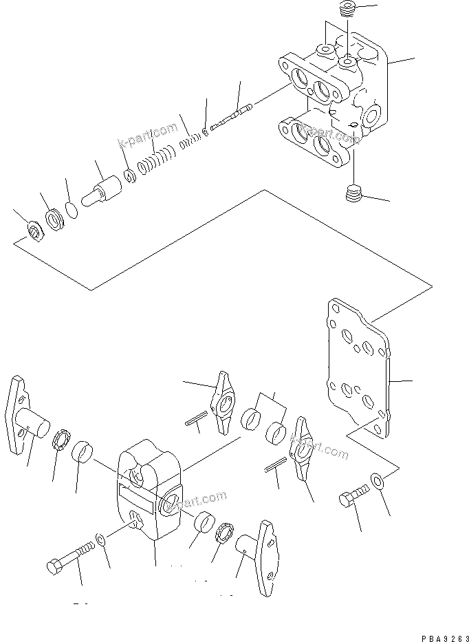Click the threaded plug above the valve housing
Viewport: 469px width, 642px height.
tap(348, 10)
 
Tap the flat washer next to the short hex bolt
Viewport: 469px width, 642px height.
tap(378, 479)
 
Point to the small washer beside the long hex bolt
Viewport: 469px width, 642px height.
tap(101, 537)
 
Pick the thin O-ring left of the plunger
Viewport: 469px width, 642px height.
tap(70, 209)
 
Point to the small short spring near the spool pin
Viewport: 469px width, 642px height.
tap(189, 142)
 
